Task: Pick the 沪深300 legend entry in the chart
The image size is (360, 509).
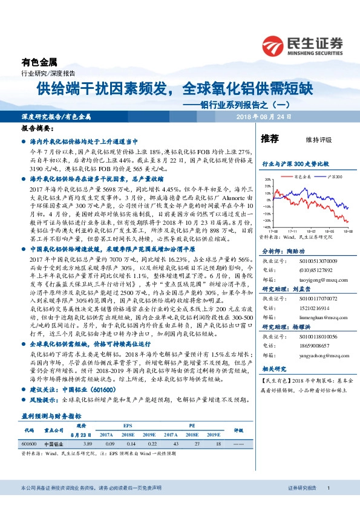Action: pos(334,177)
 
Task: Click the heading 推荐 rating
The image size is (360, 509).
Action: pos(269,139)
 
